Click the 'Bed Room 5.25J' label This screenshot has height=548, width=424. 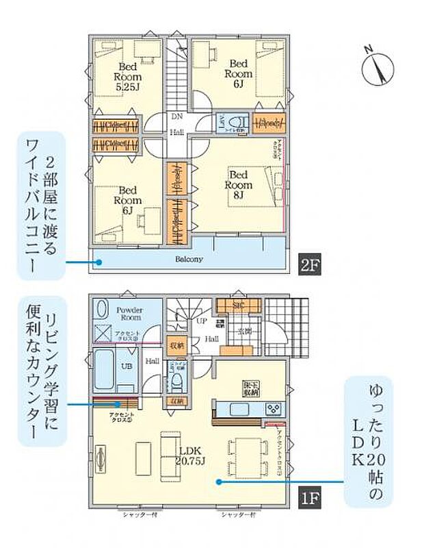click(127, 77)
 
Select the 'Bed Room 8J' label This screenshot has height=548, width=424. click(239, 184)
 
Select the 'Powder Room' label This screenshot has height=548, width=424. click(128, 314)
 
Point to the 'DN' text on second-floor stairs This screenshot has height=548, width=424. click(176, 116)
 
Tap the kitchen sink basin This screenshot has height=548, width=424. click(240, 409)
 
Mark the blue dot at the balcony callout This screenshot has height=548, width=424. click(100, 261)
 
